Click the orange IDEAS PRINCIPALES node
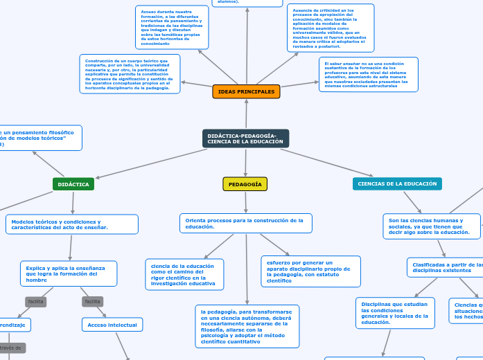[246, 91]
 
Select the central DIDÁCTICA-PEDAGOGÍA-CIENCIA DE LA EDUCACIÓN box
[245, 138]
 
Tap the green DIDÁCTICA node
[73, 184]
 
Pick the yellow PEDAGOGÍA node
[245, 184]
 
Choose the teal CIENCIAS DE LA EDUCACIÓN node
[397, 183]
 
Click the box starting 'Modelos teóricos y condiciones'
[72, 224]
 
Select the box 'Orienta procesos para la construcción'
[245, 223]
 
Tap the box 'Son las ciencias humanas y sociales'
[431, 226]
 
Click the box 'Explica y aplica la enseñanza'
[69, 273]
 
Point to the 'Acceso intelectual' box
[112, 325]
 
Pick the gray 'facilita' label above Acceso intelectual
[92, 302]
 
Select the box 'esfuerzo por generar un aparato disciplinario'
[310, 271]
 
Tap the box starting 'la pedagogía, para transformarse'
[247, 326]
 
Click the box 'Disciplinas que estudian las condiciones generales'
[395, 313]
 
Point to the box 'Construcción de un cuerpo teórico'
[130, 74]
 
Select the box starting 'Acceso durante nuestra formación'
[172, 28]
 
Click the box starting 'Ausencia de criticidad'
[331, 28]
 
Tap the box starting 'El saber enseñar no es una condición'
[368, 74]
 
